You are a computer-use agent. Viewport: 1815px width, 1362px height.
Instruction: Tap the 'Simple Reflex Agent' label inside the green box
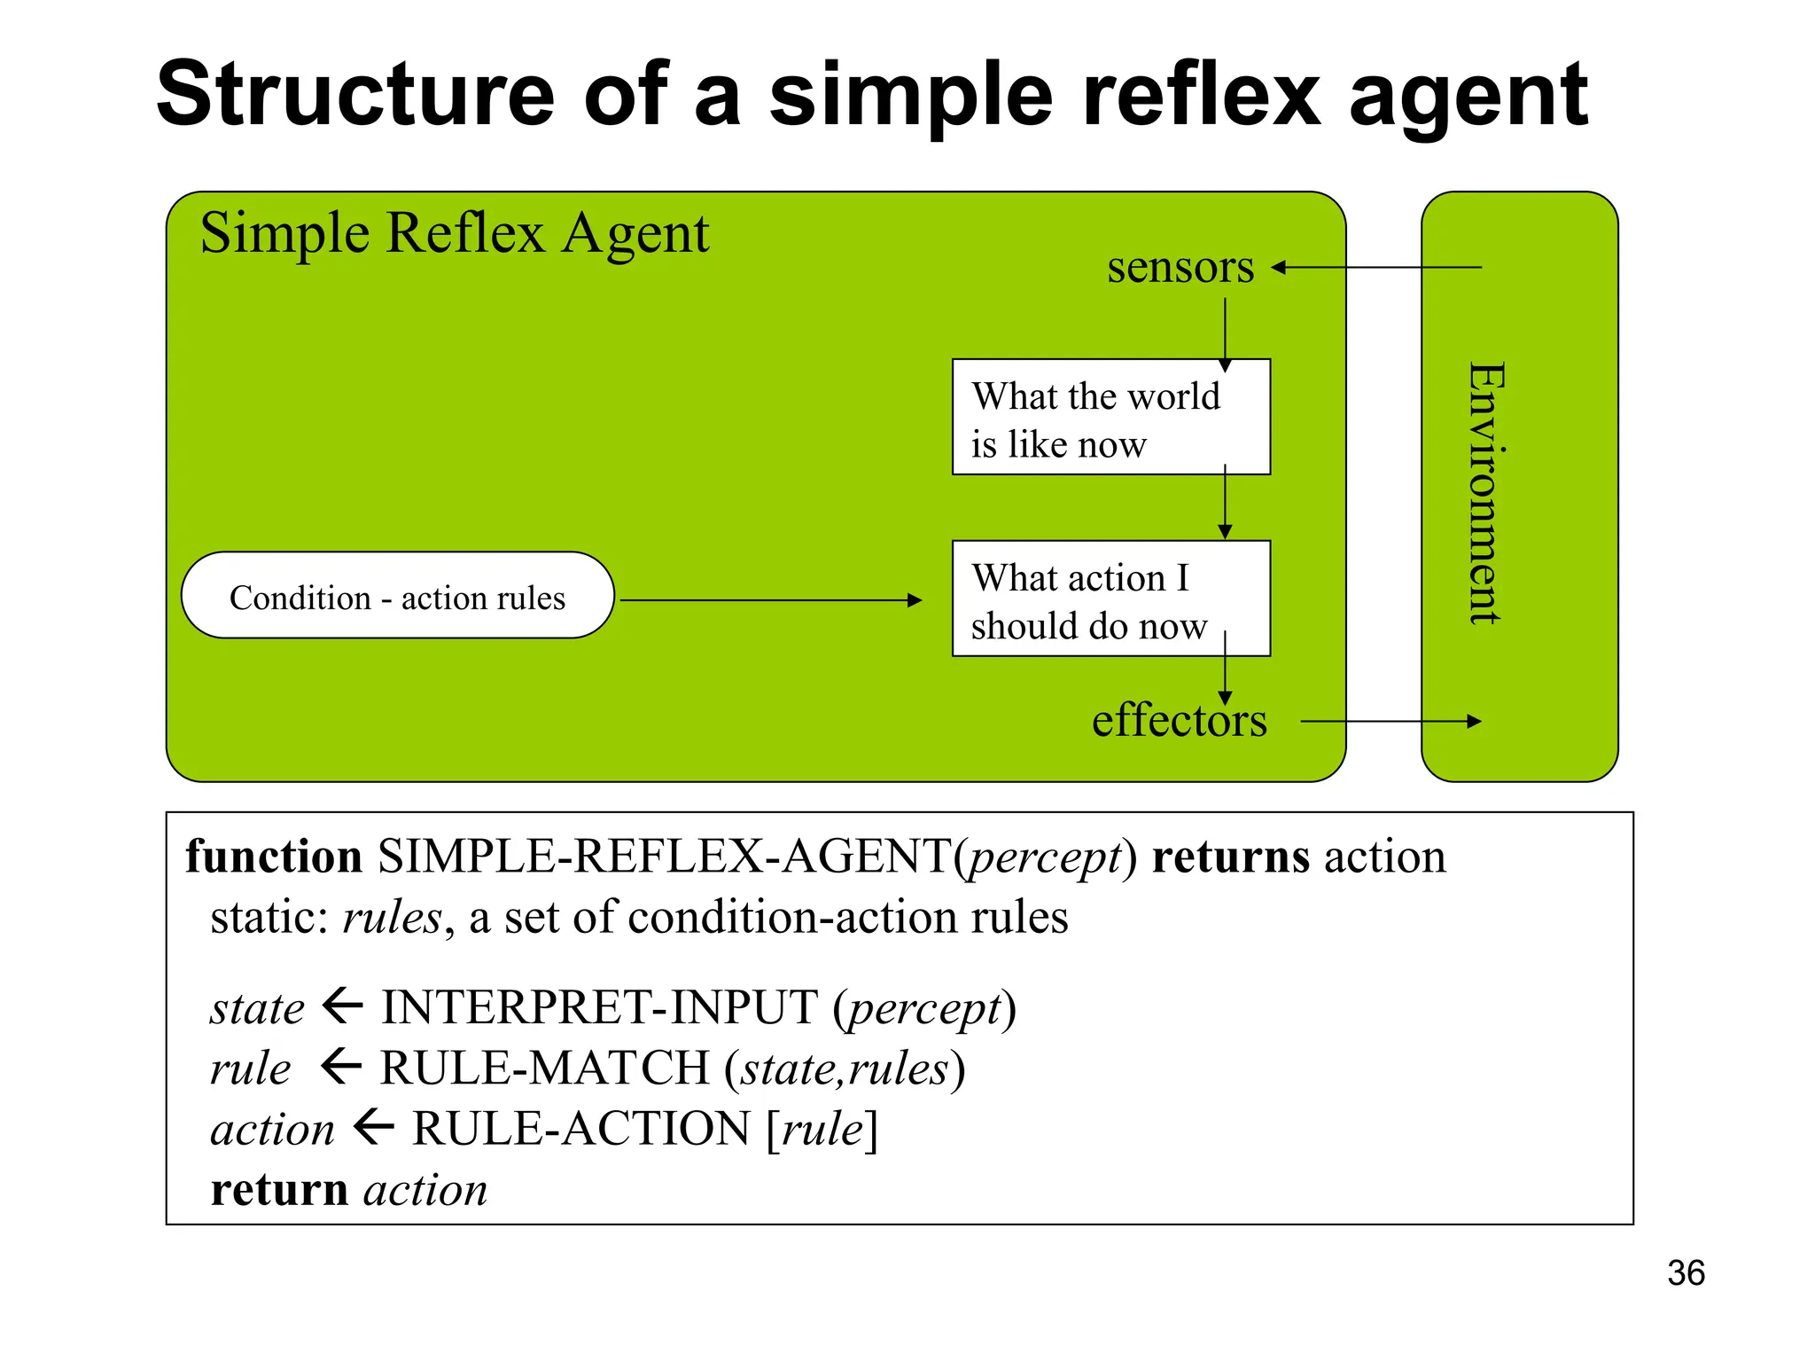pyautogui.click(x=454, y=234)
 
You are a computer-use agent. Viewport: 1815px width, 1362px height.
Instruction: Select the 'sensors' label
pyautogui.click(x=1180, y=267)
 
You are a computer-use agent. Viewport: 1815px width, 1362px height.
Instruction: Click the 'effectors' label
pyautogui.click(x=1179, y=720)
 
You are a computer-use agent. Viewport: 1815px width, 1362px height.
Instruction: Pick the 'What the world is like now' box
pyautogui.click(x=1110, y=418)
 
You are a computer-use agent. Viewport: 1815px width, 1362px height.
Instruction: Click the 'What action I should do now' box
pyautogui.click(x=1110, y=599)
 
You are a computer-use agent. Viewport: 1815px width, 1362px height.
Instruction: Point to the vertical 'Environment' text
pyautogui.click(x=1486, y=493)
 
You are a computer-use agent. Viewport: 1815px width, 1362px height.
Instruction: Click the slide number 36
pyautogui.click(x=1685, y=1273)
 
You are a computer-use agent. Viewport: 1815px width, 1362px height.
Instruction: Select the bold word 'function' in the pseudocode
pyautogui.click(x=274, y=857)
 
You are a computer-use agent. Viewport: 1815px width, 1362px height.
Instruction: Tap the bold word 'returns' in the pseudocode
pyautogui.click(x=1230, y=857)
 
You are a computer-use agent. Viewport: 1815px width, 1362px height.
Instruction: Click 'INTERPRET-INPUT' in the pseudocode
pyautogui.click(x=599, y=1008)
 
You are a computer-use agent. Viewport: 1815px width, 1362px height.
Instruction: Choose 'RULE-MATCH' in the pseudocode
pyautogui.click(x=544, y=1068)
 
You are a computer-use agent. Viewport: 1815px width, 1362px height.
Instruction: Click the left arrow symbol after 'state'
pyautogui.click(x=343, y=1006)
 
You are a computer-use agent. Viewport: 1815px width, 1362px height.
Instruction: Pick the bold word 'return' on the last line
pyautogui.click(x=278, y=1190)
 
